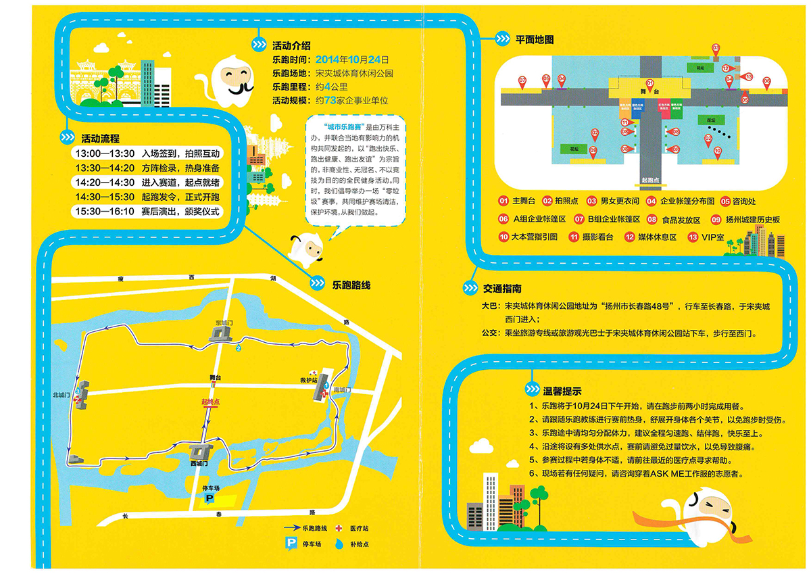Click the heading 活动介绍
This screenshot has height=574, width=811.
coord(291,46)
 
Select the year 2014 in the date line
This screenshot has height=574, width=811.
coord(328,59)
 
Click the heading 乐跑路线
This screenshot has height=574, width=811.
coord(351,285)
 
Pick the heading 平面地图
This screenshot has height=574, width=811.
coord(534,40)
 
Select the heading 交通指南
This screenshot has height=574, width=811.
coord(502,289)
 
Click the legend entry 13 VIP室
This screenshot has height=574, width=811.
coord(706,237)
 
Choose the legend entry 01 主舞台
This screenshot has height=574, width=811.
coord(518,201)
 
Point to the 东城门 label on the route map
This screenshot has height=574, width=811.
coord(223,323)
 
